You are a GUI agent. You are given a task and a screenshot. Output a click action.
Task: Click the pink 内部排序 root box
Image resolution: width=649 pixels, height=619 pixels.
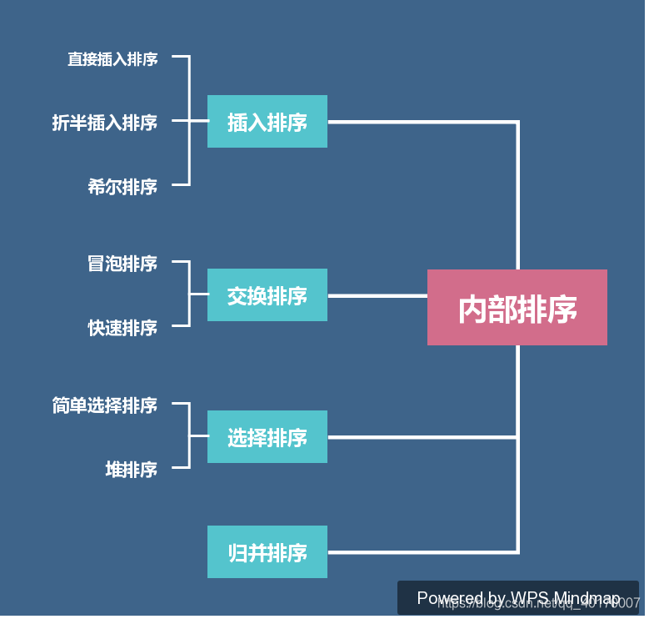click(517, 307)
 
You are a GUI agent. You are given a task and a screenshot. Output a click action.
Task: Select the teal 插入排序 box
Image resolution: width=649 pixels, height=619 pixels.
click(267, 122)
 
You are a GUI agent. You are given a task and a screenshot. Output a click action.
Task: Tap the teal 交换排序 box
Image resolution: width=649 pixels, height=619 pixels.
click(267, 295)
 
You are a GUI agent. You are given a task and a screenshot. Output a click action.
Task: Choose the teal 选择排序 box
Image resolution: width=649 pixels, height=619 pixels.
click(267, 437)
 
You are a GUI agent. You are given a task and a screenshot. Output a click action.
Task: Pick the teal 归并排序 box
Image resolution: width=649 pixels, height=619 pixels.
click(267, 552)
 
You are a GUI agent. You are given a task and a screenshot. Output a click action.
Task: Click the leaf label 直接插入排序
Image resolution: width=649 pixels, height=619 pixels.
click(112, 59)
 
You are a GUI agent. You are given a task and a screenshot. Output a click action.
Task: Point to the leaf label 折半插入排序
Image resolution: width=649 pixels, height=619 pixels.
click(104, 123)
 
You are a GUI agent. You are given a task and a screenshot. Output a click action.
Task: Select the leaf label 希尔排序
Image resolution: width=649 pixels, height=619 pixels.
click(122, 186)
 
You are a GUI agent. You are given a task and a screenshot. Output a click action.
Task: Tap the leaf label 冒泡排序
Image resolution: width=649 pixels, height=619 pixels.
click(122, 264)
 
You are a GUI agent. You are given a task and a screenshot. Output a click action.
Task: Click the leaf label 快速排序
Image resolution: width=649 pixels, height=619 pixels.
click(122, 328)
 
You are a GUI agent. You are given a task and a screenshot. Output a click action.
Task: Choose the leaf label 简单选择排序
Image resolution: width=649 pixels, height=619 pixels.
click(104, 405)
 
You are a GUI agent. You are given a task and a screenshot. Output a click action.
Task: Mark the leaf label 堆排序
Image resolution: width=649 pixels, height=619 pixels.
click(131, 470)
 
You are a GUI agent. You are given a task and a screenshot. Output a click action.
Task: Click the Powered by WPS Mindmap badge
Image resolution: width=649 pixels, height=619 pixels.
click(517, 598)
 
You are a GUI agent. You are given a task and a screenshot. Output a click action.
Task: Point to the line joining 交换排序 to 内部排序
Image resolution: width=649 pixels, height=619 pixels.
click(377, 295)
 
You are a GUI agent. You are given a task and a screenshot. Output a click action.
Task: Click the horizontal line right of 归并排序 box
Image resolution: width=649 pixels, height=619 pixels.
click(421, 552)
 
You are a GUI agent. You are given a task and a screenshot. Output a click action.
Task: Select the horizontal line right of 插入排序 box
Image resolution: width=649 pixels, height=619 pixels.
click(421, 122)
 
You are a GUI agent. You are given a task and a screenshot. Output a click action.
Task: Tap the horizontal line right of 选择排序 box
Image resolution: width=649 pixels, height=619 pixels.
click(421, 437)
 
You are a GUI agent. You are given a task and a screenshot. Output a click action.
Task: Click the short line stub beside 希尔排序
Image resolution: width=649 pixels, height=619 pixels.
click(180, 185)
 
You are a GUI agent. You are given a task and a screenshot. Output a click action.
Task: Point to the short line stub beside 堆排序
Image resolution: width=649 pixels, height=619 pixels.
click(180, 468)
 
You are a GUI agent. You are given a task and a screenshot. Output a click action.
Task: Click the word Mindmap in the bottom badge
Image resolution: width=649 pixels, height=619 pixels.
click(587, 598)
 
